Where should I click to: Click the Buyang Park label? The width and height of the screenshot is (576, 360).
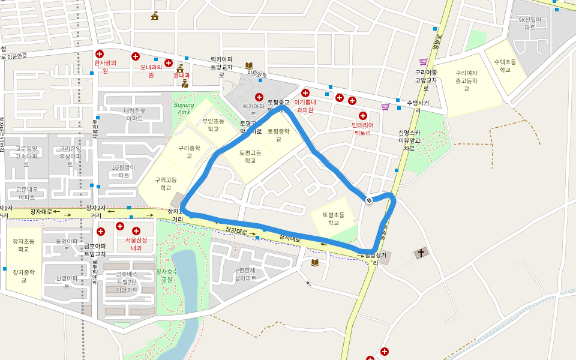pos(184,108)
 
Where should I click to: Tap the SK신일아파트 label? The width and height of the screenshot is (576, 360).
pos(530,23)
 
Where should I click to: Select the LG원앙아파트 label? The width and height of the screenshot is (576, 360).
pos(124,171)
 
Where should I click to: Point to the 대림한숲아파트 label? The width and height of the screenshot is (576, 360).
pos(134,114)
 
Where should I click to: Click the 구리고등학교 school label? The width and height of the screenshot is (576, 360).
pos(166,183)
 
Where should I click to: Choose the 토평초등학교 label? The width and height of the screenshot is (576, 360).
pos(333,218)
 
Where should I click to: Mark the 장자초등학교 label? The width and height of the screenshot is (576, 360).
pos(23,245)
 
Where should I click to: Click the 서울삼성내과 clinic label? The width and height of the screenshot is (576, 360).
pos(136,244)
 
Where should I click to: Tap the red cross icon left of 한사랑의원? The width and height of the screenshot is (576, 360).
pos(100,54)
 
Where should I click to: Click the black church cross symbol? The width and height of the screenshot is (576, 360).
pos(421,253)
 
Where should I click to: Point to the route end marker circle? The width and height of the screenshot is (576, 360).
pos(369,200)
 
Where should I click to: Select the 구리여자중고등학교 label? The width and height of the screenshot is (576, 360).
pos(466,80)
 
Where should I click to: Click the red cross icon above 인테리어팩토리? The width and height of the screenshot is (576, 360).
pos(363,115)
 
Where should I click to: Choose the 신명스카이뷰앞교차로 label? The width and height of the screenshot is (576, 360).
pos(409,140)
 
